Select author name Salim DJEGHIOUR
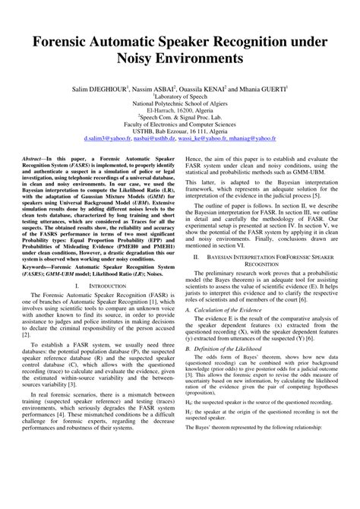click(112, 89)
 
